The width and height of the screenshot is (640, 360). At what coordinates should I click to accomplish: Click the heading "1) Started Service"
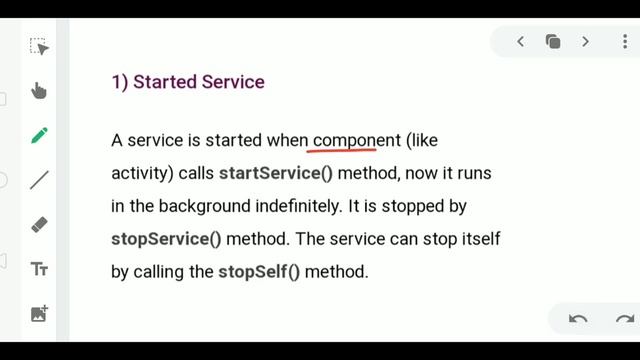pyautogui.click(x=188, y=82)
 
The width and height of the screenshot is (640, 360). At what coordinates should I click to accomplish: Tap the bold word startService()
pyautogui.click(x=277, y=173)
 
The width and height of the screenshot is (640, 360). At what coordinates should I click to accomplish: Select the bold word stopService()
pyautogui.click(x=166, y=239)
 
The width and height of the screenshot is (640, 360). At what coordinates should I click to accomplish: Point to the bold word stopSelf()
pyautogui.click(x=259, y=271)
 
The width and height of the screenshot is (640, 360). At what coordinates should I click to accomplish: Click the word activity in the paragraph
pyautogui.click(x=142, y=173)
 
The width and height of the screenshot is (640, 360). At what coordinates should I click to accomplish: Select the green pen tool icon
pyautogui.click(x=39, y=136)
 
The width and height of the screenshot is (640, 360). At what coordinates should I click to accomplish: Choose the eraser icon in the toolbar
pyautogui.click(x=39, y=225)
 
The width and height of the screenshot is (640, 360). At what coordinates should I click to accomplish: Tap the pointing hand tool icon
pyautogui.click(x=39, y=91)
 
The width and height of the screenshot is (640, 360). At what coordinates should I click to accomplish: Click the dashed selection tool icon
pyautogui.click(x=39, y=47)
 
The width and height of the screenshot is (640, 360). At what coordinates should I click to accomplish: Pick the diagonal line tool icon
pyautogui.click(x=39, y=180)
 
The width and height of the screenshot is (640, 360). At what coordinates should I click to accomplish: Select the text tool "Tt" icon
pyautogui.click(x=39, y=269)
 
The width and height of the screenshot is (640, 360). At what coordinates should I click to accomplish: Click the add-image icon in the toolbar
pyautogui.click(x=39, y=313)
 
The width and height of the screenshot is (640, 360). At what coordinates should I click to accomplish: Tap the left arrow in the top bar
pyautogui.click(x=520, y=41)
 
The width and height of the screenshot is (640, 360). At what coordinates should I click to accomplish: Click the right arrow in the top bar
pyautogui.click(x=585, y=41)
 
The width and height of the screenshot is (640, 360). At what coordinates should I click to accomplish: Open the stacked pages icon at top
pyautogui.click(x=553, y=41)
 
